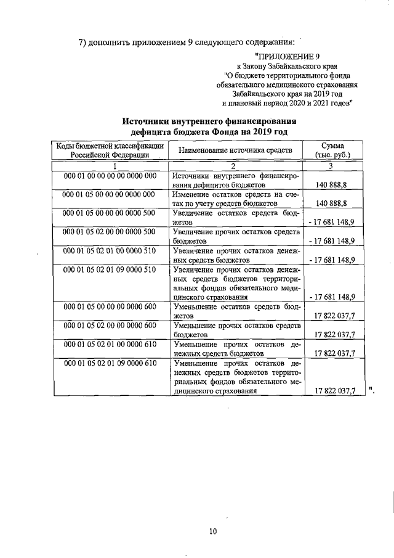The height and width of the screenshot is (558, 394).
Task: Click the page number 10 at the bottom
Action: point(212,531)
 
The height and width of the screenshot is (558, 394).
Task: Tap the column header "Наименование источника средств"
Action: point(235,150)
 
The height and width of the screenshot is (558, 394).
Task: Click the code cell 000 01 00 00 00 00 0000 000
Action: point(109,176)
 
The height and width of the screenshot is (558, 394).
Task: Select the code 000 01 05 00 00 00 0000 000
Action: point(109,194)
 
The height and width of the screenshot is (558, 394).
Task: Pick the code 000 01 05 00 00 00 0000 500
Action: point(109,213)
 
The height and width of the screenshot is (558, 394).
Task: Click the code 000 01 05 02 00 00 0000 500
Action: point(109,232)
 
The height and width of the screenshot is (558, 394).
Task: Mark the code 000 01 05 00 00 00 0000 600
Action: point(109,306)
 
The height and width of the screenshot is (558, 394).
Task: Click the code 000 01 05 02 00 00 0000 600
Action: point(109,325)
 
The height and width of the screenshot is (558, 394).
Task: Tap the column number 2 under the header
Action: point(234,166)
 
